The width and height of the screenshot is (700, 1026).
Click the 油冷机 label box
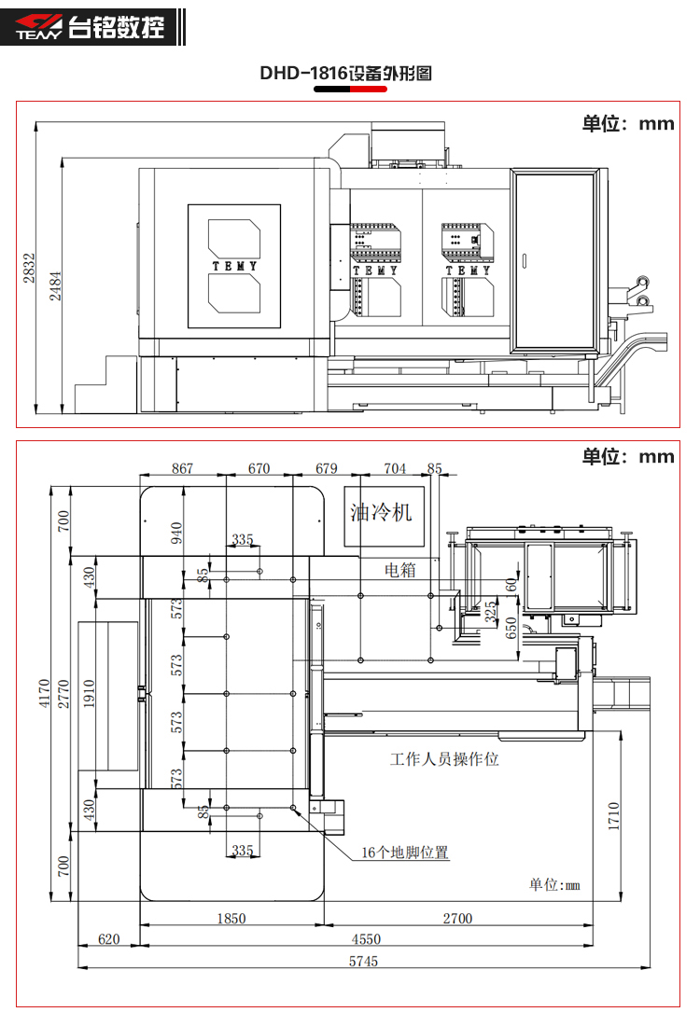pyautogui.click(x=381, y=513)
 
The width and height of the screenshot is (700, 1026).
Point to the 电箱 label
pyautogui.click(x=400, y=569)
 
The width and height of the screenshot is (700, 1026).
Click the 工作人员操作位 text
pyautogui.click(x=444, y=759)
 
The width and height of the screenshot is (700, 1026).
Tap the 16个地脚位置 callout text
pyautogui.click(x=405, y=853)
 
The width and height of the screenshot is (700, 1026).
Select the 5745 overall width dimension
pyautogui.click(x=363, y=962)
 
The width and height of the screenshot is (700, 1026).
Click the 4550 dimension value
pyautogui.click(x=365, y=939)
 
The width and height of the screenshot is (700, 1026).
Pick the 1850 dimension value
pyautogui.click(x=231, y=919)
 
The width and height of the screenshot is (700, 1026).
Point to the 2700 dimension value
pyautogui.click(x=457, y=919)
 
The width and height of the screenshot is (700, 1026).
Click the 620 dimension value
pyautogui.click(x=109, y=939)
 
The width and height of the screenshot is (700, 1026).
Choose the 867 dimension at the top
pyautogui.click(x=182, y=468)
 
